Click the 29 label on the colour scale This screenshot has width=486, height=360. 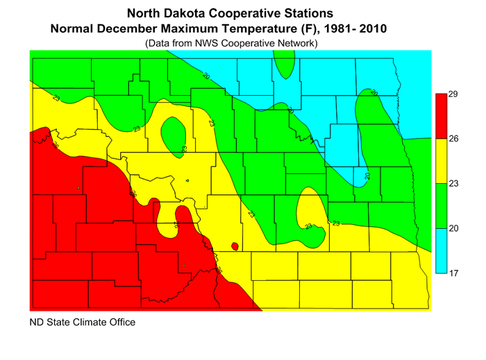(453, 94)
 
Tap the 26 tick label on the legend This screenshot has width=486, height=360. (453, 139)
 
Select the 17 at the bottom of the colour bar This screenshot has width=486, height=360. (453, 274)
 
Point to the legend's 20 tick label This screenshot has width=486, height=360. (453, 229)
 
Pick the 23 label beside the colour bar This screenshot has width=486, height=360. (453, 184)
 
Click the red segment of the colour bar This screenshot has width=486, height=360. (440, 116)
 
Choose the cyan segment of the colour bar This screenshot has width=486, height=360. (440, 251)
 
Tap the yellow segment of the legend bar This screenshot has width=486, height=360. (440, 161)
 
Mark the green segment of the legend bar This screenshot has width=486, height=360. (440, 206)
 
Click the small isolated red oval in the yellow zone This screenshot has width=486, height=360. (235, 246)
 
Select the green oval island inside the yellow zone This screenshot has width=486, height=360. (172, 133)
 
